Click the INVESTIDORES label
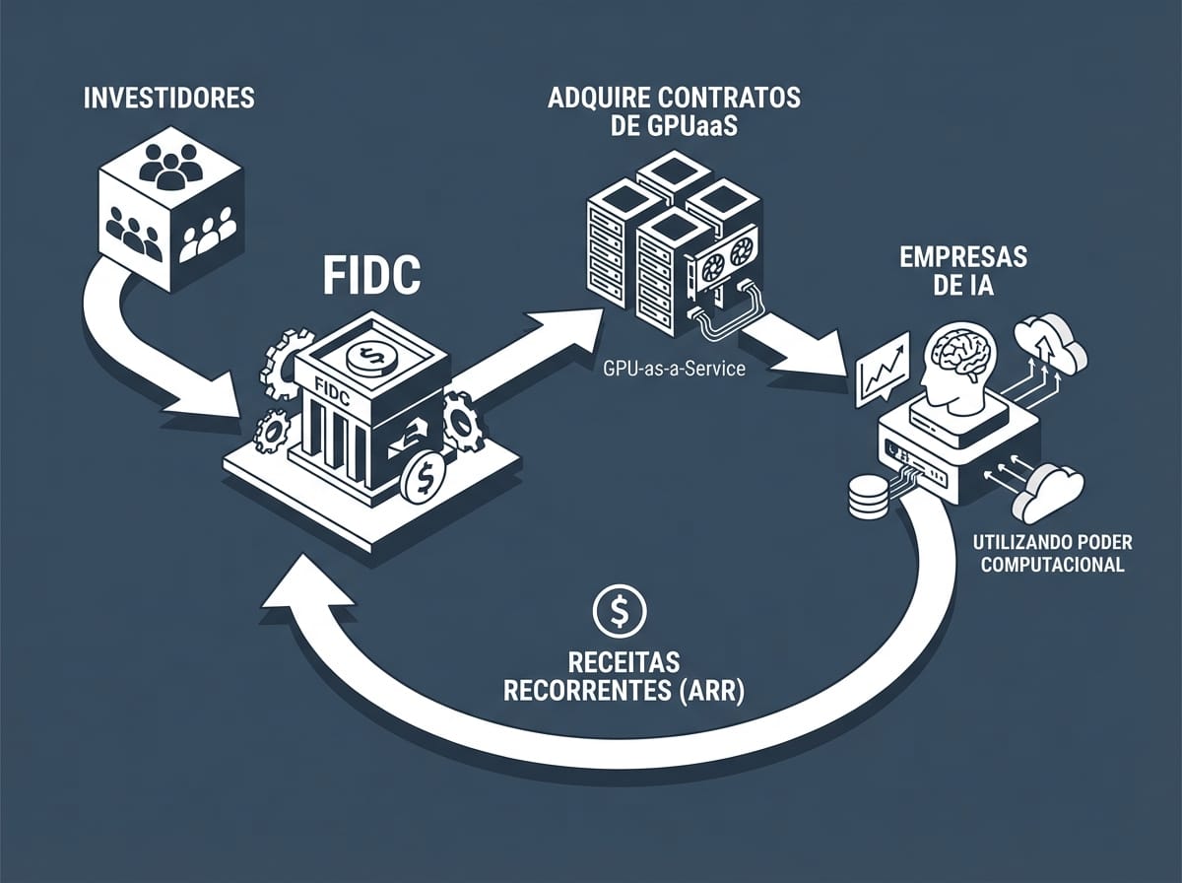(168, 99)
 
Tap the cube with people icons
(170, 211)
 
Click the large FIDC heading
(371, 279)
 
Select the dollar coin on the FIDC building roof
(371, 353)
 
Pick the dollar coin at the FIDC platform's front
(424, 478)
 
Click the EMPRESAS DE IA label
(962, 270)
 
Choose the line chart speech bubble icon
(881, 368)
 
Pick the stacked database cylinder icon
(867, 498)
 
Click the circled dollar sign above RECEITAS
(619, 612)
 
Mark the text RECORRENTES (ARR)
(624, 690)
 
